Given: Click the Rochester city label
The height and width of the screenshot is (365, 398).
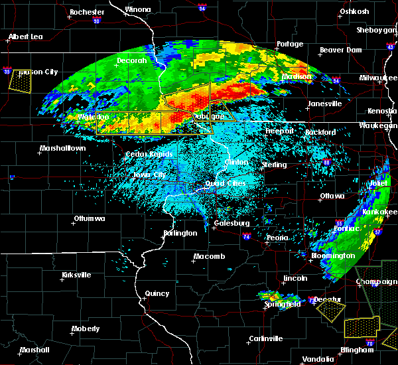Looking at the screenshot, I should coord(87,12).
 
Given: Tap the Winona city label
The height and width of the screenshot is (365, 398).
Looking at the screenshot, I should coord(138,10).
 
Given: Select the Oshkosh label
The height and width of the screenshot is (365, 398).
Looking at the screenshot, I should coord(354,11).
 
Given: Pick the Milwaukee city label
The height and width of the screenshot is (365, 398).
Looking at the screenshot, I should coord(377,78).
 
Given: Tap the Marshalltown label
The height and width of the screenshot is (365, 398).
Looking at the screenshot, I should coord(62,148).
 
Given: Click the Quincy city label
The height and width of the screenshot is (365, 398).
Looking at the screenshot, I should coord(158,293).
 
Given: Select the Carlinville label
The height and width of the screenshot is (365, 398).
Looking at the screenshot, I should coord(265,338).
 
